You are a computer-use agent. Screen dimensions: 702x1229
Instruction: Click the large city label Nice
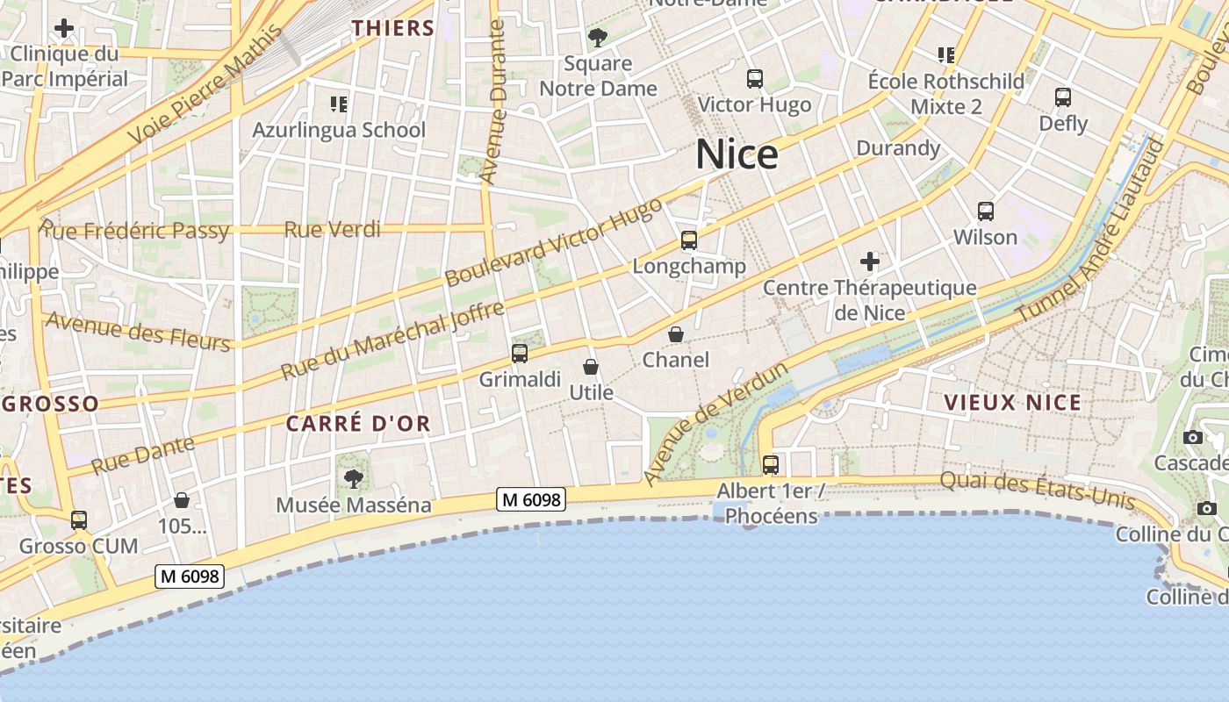[737, 154]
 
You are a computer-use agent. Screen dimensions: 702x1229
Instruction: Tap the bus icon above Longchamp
[689, 240]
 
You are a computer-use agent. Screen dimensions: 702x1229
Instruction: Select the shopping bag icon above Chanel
[676, 334]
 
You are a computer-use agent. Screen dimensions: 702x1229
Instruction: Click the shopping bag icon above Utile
[591, 366]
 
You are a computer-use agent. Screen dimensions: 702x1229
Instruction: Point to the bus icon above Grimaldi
[520, 354]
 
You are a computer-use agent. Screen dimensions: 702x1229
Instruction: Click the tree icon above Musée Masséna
[353, 478]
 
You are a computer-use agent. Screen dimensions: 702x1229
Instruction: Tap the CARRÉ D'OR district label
[358, 423]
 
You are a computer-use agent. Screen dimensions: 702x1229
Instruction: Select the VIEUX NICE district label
[1013, 402]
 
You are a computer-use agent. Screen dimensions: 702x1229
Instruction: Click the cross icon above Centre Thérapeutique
[869, 261]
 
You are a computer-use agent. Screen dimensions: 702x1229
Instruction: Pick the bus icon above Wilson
[986, 211]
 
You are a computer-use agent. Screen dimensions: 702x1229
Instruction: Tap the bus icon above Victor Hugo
[754, 79]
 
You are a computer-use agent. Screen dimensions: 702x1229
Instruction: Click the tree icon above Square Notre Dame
[598, 38]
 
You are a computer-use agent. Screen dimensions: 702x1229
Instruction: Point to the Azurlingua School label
[339, 130]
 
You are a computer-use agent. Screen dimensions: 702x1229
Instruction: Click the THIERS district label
[393, 28]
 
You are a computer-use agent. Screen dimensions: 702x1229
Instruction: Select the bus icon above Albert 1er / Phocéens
[770, 465]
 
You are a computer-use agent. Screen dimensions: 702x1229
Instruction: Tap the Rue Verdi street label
[332, 230]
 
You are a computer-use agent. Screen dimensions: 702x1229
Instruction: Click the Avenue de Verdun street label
[715, 424]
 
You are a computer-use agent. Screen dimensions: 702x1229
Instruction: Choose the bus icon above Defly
[1063, 97]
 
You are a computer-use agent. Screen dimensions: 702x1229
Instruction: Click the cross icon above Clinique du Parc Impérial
[64, 28]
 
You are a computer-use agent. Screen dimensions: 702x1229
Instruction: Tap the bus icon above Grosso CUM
[79, 520]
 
